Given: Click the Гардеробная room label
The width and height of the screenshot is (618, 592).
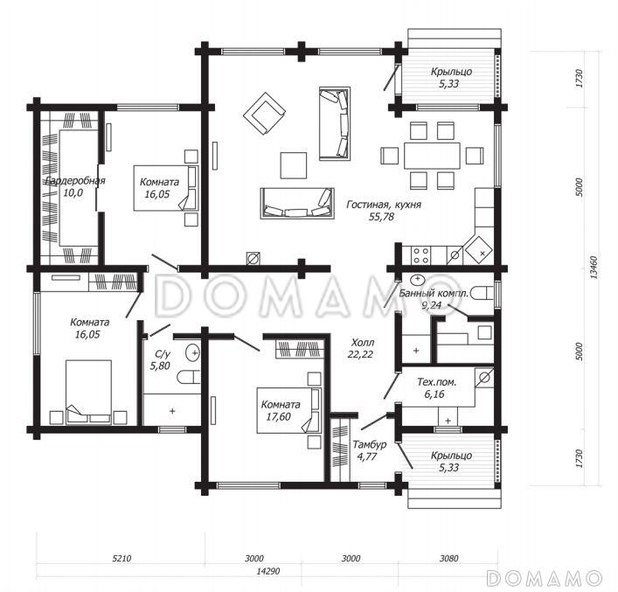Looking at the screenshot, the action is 75,181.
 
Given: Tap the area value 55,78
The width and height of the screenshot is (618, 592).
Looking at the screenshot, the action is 381,217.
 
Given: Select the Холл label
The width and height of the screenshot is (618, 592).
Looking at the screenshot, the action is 363,342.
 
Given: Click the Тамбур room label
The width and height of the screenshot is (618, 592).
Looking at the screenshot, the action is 369,444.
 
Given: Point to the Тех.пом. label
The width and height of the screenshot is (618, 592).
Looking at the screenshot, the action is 437,382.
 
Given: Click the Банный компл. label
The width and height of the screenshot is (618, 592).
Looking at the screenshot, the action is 434,294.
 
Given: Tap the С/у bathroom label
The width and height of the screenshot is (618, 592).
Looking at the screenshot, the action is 160,354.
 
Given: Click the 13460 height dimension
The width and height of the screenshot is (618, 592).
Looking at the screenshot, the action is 594,268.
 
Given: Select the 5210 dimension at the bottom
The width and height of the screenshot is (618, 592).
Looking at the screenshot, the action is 122,558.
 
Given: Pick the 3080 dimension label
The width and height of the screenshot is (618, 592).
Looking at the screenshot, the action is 449,558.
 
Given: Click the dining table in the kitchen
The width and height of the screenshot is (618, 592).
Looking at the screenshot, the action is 432,156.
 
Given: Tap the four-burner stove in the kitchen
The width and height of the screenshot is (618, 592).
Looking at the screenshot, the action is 420,254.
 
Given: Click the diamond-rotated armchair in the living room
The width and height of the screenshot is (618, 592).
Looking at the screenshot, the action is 264,114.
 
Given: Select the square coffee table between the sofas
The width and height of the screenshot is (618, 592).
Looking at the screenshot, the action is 294,165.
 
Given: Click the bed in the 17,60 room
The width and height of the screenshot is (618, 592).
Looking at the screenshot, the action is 288,411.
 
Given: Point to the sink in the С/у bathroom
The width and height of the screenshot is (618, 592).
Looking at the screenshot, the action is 193,352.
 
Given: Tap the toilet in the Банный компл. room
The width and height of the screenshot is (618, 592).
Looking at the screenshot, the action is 483,293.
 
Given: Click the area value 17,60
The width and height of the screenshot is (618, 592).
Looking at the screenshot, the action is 278,416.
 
